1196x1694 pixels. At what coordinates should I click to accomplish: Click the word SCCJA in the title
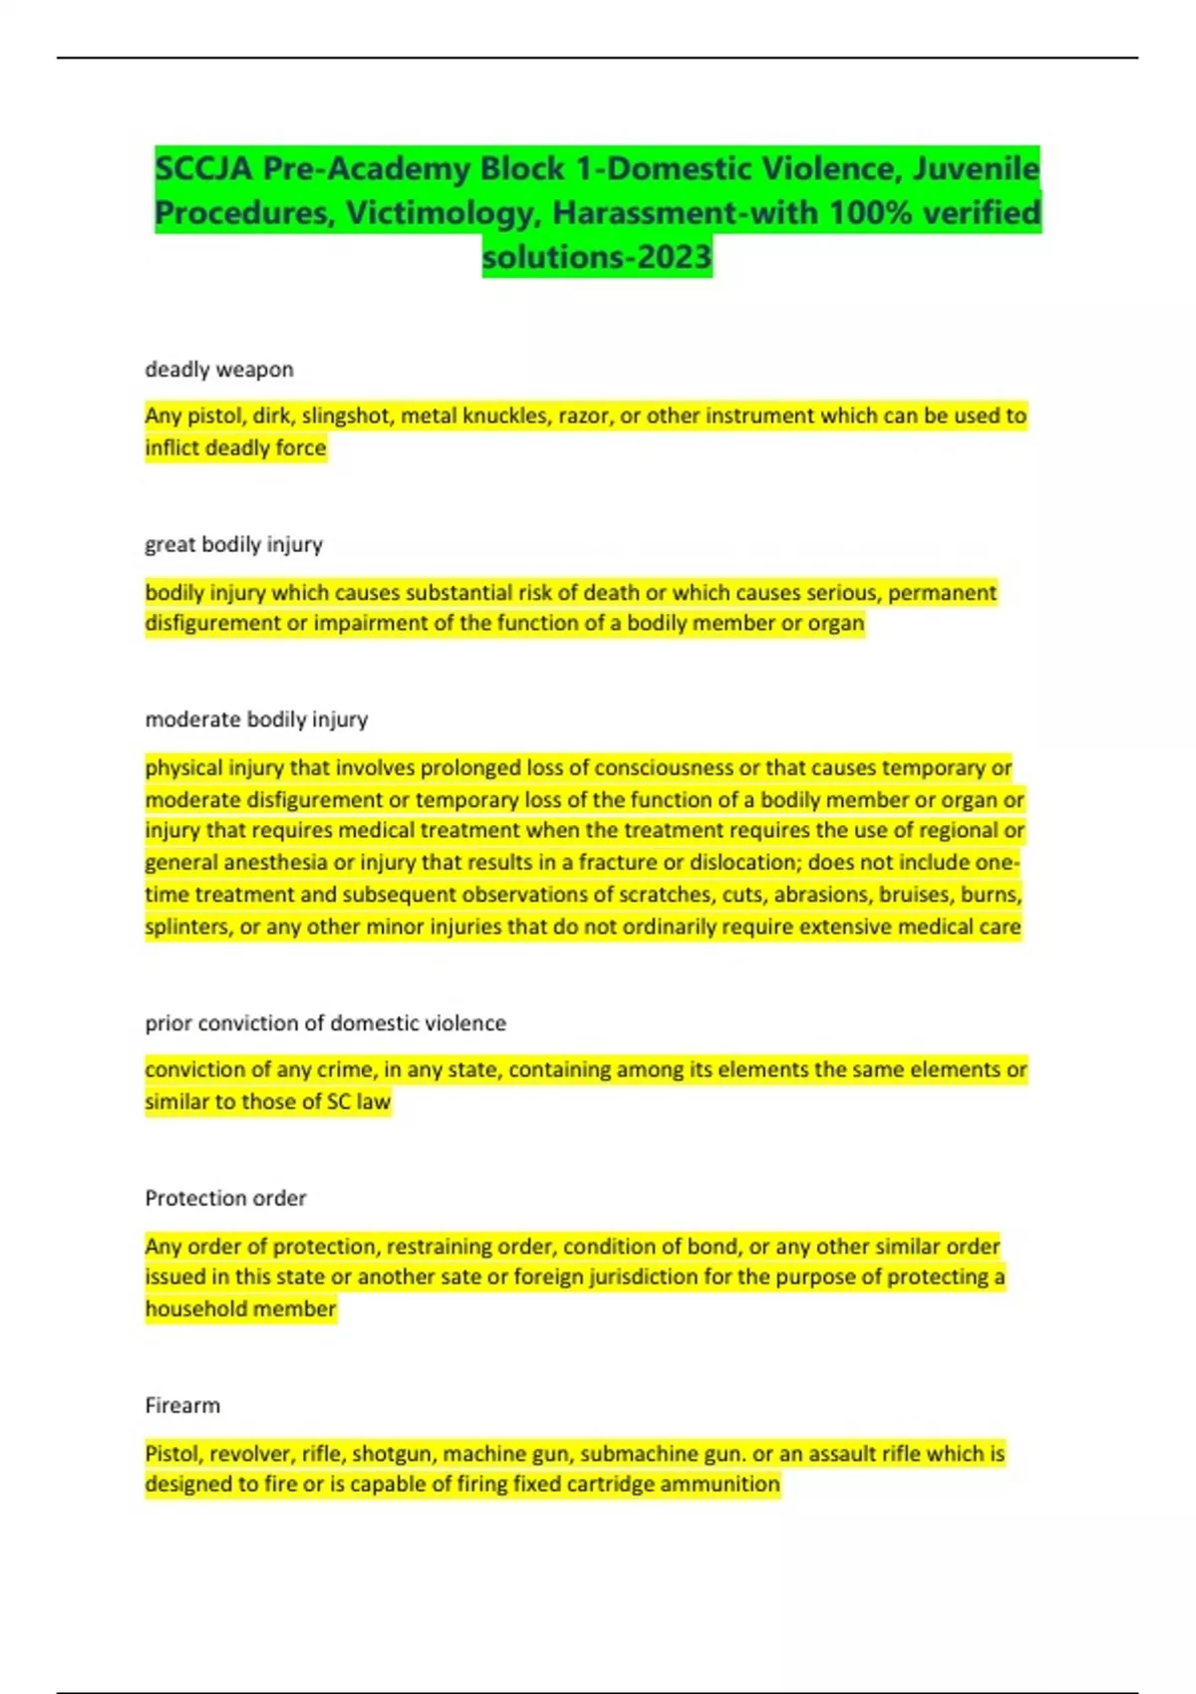pos(204,169)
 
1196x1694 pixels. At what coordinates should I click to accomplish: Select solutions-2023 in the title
pos(597,257)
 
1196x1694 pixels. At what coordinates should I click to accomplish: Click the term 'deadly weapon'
pos(219,370)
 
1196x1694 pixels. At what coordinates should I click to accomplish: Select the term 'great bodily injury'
pos(234,545)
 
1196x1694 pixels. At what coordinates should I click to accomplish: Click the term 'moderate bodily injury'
pos(256,719)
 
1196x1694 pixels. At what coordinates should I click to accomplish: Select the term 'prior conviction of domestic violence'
pos(325,1023)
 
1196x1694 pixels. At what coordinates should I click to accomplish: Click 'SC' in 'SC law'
pos(338,1102)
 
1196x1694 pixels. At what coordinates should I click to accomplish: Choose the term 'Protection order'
pos(225,1199)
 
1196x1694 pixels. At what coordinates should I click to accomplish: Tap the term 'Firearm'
pos(182,1406)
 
